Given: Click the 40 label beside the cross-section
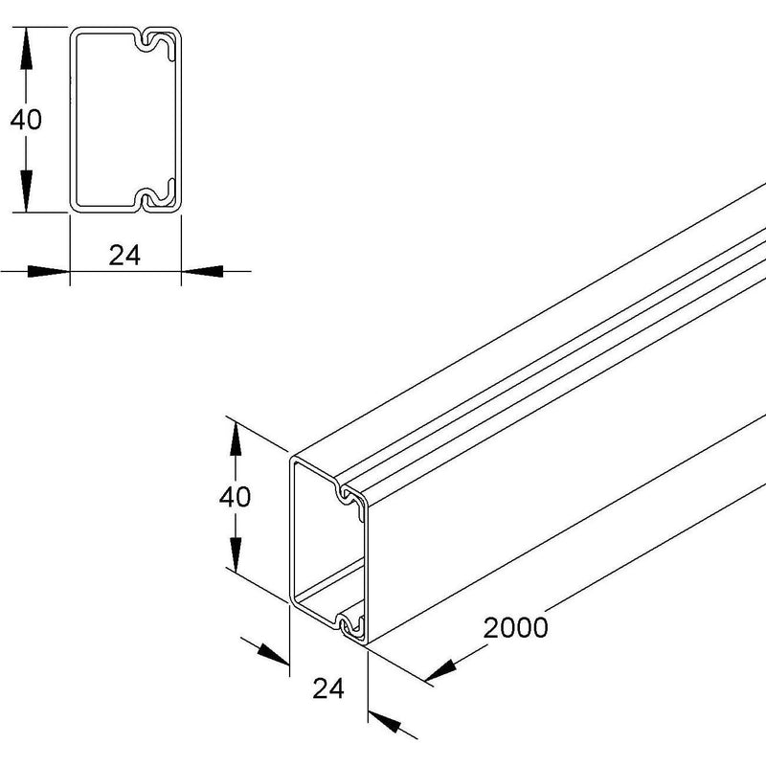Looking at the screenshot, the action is [26, 120].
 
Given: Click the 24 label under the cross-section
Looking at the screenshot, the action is [124, 256].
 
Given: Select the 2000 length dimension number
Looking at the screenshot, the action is [515, 628].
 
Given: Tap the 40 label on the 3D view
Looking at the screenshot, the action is [235, 497].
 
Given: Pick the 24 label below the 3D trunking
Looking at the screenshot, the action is [328, 688].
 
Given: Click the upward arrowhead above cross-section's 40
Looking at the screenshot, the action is [27, 48].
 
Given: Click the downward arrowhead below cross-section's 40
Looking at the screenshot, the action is [27, 191].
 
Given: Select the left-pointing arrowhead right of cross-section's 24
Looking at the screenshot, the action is [202, 271].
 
